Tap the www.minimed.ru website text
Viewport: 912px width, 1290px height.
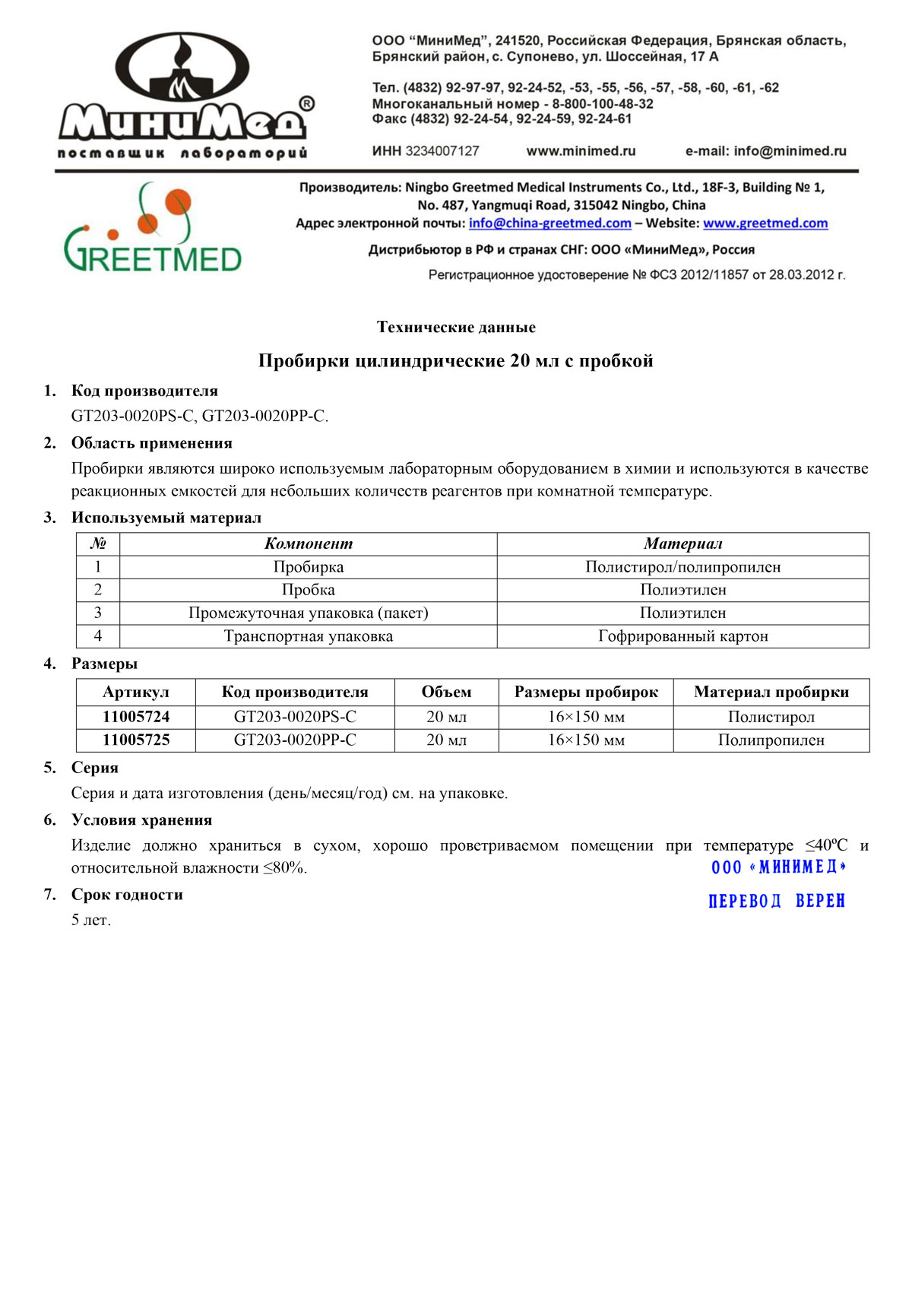pyautogui.click(x=581, y=151)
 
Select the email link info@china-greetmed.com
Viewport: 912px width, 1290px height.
pyautogui.click(x=549, y=223)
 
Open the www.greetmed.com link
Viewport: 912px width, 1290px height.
pyautogui.click(x=765, y=223)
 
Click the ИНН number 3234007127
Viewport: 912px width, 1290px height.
pyautogui.click(x=442, y=151)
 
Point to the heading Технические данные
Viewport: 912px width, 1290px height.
pyautogui.click(x=456, y=328)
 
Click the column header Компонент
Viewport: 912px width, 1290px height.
pyautogui.click(x=308, y=544)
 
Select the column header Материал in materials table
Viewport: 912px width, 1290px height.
pyautogui.click(x=682, y=544)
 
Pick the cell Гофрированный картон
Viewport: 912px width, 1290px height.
pyautogui.click(x=682, y=636)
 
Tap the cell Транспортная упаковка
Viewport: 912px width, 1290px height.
pyautogui.click(x=308, y=636)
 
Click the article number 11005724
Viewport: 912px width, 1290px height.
pyautogui.click(x=136, y=717)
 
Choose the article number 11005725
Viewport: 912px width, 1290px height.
pyautogui.click(x=136, y=740)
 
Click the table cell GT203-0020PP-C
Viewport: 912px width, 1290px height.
pyautogui.click(x=295, y=740)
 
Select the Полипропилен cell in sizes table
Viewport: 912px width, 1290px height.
pyautogui.click(x=771, y=740)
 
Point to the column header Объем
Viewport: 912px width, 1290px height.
pyautogui.click(x=446, y=693)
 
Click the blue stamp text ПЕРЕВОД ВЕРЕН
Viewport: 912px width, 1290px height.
pyautogui.click(x=776, y=902)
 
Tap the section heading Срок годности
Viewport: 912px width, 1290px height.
pyautogui.click(x=127, y=895)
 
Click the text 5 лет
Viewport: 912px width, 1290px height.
pyautogui.click(x=91, y=921)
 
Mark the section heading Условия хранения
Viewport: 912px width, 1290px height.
pyautogui.click(x=141, y=820)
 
